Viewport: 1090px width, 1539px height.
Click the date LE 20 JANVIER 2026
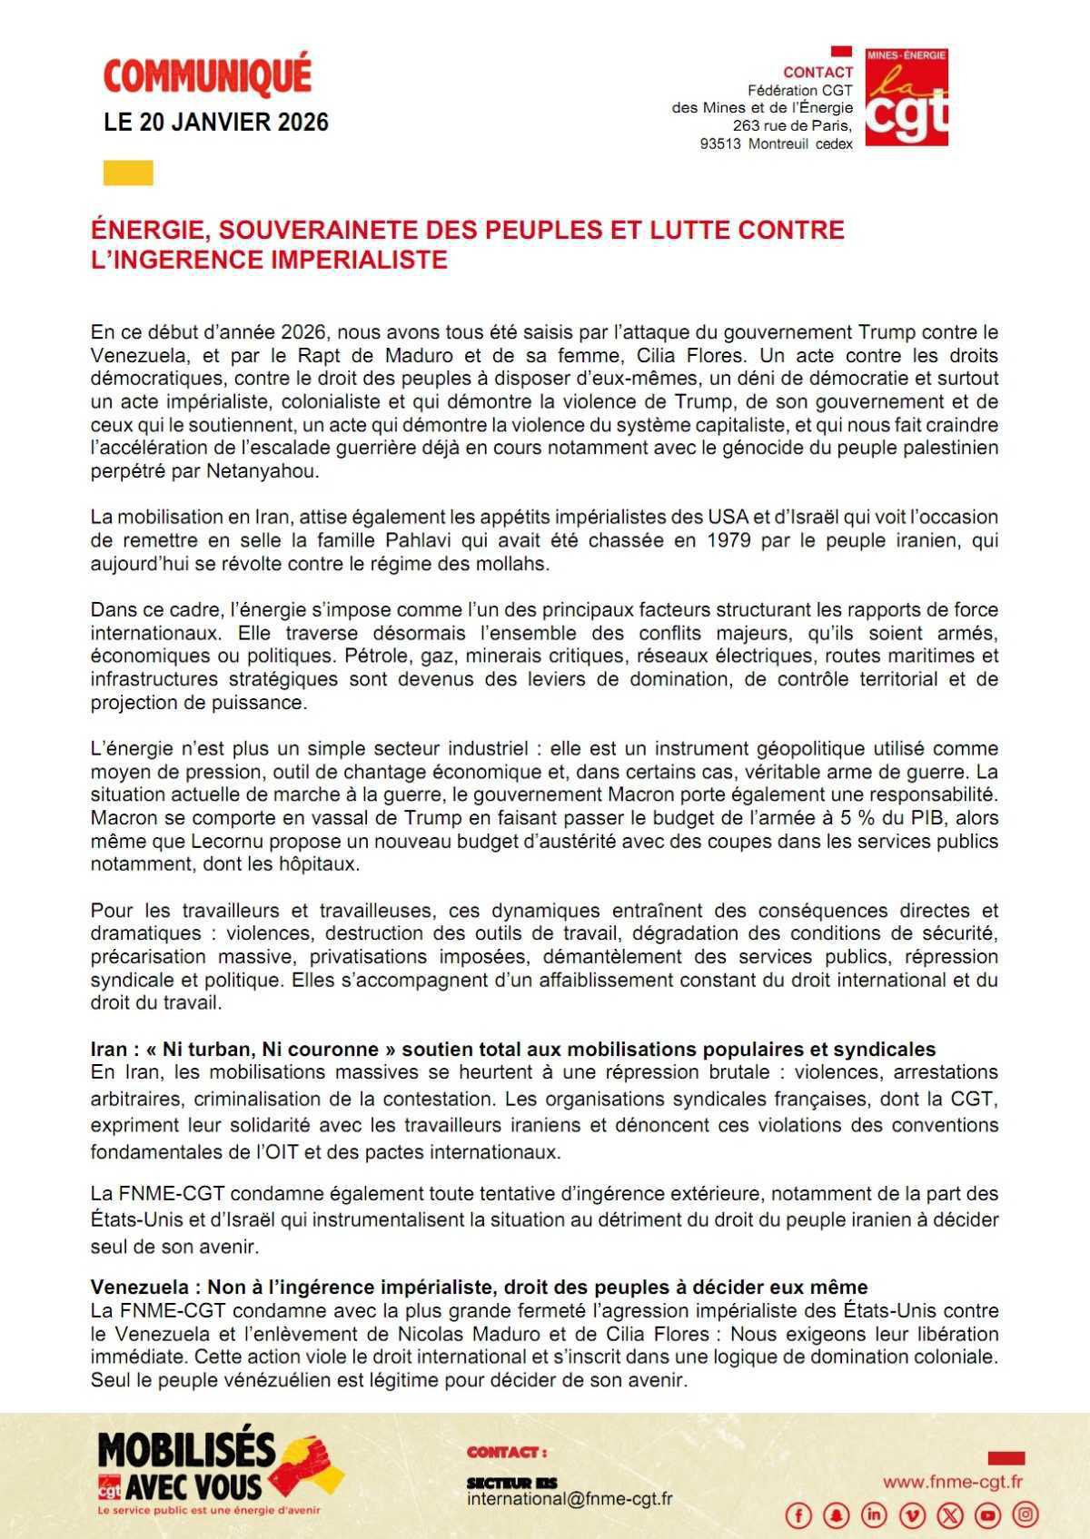click(216, 123)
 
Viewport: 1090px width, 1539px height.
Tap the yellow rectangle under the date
click(128, 173)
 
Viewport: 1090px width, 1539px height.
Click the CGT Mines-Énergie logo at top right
click(906, 97)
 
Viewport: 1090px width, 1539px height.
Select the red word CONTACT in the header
click(817, 72)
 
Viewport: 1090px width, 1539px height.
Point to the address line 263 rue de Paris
click(792, 125)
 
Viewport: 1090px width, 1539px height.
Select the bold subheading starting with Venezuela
click(479, 1287)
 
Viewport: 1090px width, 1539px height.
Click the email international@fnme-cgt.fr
click(570, 1499)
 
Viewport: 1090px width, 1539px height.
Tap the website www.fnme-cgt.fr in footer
click(953, 1482)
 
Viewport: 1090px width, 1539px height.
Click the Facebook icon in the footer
click(799, 1514)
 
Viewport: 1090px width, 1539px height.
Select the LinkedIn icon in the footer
click(875, 1514)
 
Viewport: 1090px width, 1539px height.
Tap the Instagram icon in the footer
click(1026, 1514)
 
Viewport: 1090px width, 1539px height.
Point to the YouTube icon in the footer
click(988, 1514)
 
